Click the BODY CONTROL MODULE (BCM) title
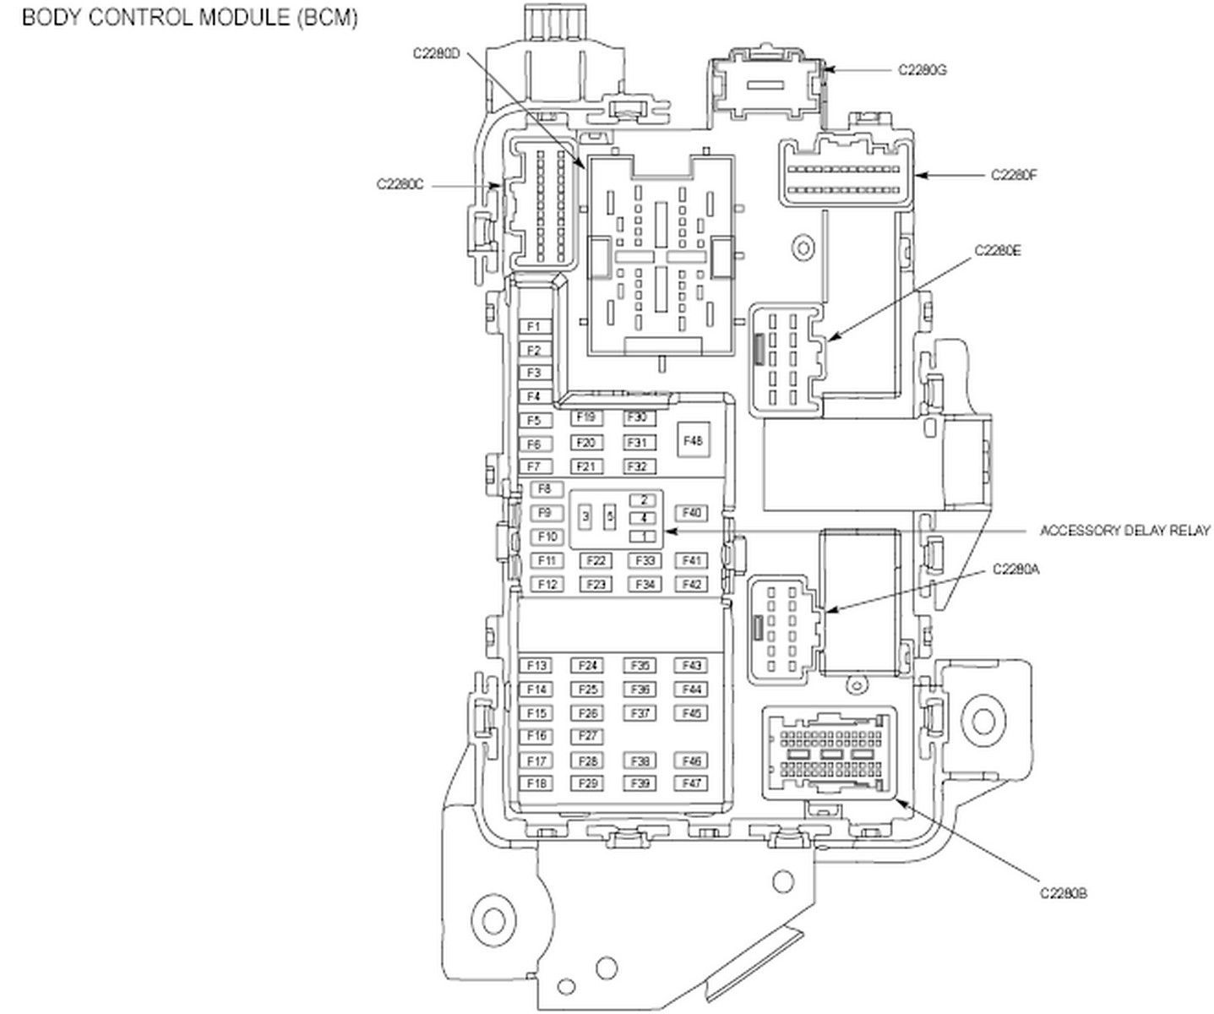click(189, 18)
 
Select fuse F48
click(694, 440)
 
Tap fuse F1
click(534, 326)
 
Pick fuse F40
click(692, 513)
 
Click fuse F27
click(589, 736)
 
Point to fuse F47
click(692, 783)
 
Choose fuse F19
click(586, 417)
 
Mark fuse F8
click(545, 489)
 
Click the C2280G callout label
click(922, 70)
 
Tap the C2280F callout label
click(1014, 175)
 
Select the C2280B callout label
click(1063, 892)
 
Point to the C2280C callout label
click(400, 183)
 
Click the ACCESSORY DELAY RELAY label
click(1124, 531)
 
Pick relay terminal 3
click(585, 515)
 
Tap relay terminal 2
click(644, 500)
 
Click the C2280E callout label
click(998, 250)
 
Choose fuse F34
click(644, 584)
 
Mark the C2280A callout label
click(1015, 570)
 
